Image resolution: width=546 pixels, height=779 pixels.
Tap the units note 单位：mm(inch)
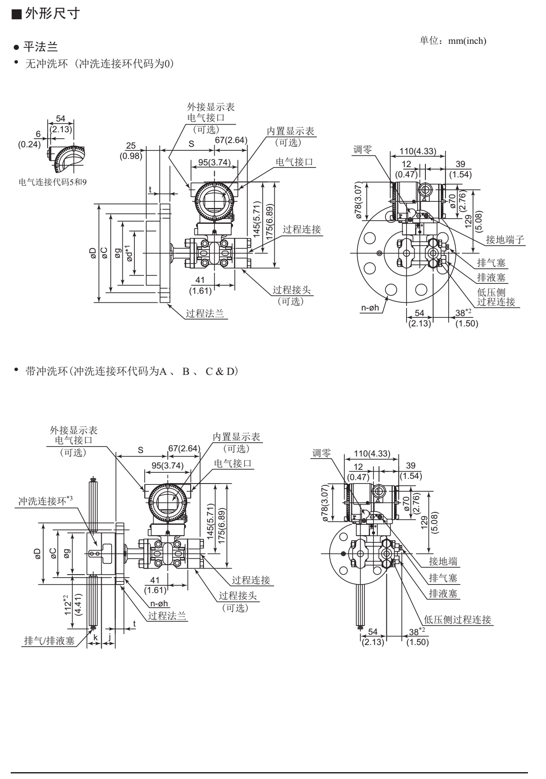pyautogui.click(x=452, y=41)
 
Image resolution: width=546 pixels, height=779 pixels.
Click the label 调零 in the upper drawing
pyautogui.click(x=362, y=149)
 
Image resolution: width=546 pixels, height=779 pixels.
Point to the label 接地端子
pyautogui.click(x=505, y=240)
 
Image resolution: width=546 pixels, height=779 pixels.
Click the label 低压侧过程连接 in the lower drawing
pyautogui.click(x=457, y=619)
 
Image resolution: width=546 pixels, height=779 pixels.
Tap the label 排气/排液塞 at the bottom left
pyautogui.click(x=49, y=641)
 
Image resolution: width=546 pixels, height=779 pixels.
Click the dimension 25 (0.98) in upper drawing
pyautogui.click(x=131, y=151)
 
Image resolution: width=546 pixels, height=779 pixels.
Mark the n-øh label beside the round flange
pyautogui.click(x=370, y=307)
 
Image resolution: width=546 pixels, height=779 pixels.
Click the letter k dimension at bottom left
pyautogui.click(x=96, y=637)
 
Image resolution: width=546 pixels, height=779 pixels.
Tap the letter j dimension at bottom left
pyautogui.click(x=110, y=637)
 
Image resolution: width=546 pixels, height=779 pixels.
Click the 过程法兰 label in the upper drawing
pyautogui.click(x=205, y=313)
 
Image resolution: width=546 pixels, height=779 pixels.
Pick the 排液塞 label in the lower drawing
pyautogui.click(x=443, y=593)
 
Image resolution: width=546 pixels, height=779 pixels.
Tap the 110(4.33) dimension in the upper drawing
pyautogui.click(x=418, y=151)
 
